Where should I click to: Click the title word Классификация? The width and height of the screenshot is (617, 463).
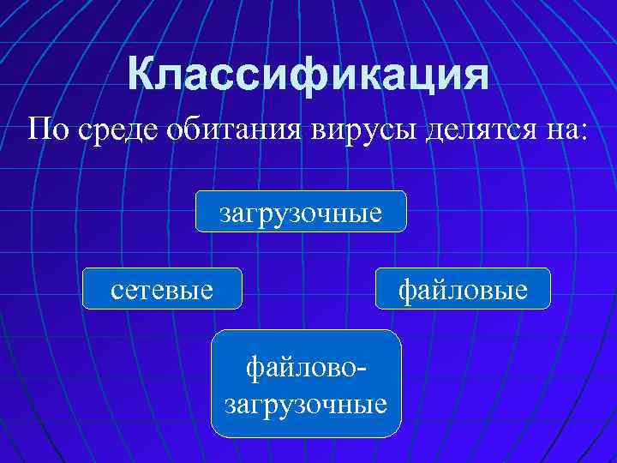pyautogui.click(x=308, y=75)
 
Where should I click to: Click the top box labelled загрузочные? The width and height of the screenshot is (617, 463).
pyautogui.click(x=301, y=211)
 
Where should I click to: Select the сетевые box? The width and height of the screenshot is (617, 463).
pyautogui.click(x=162, y=289)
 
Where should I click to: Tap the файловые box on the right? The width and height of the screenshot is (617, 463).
pyautogui.click(x=463, y=289)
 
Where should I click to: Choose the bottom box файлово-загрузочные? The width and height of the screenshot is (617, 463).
pyautogui.click(x=306, y=383)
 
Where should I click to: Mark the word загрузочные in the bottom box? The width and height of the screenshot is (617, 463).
pyautogui.click(x=306, y=401)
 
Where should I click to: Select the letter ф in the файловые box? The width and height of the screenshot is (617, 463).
pyautogui.click(x=405, y=290)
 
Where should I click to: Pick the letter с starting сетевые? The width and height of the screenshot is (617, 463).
pyautogui.click(x=117, y=291)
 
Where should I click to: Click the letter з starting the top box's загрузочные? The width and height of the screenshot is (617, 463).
pyautogui.click(x=225, y=213)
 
